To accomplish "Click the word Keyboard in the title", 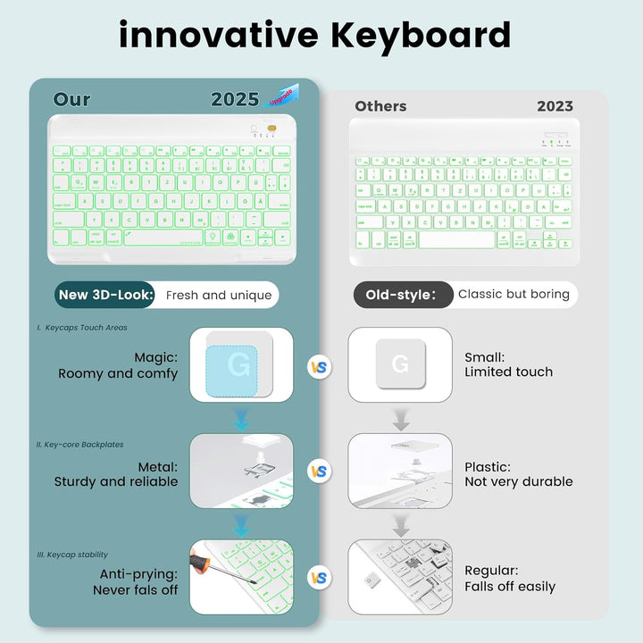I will pos(421,35).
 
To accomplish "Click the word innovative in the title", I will pos(218,35).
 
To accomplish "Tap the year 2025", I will pos(235,99).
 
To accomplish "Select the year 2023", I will pos(555,106).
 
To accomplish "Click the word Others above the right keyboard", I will pos(380,106).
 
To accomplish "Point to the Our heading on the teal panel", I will pos(71,99).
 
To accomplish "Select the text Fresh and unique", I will pos(219,295).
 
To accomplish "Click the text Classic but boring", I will pos(514,295).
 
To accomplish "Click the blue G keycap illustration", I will pos(239,365).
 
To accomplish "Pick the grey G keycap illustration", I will pos(399,363).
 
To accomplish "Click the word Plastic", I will pos(488,466).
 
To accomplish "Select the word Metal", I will pos(157,466).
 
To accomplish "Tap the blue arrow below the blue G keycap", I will pos(240,419).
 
